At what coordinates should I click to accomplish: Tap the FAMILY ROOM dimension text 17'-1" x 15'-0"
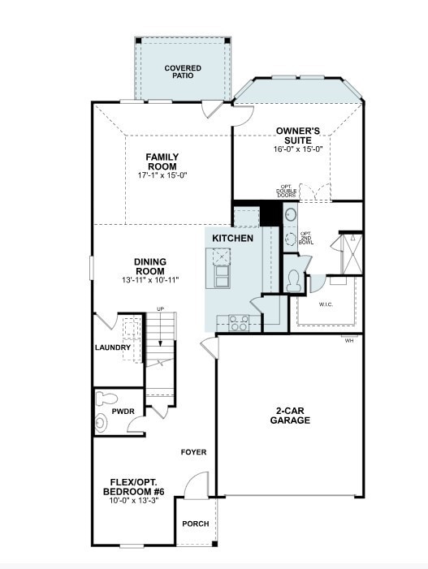pyautogui.click(x=162, y=175)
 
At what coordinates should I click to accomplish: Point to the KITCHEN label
pyautogui.click(x=232, y=239)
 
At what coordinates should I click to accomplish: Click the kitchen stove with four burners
pyautogui.click(x=238, y=322)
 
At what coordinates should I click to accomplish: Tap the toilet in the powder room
pyautogui.click(x=105, y=399)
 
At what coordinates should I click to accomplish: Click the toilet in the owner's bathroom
pyautogui.click(x=296, y=281)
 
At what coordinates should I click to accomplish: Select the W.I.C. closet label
pyautogui.click(x=326, y=305)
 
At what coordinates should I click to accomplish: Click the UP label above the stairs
pyautogui.click(x=160, y=309)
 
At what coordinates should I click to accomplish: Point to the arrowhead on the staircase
pyautogui.click(x=161, y=344)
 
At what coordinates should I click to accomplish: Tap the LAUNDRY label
pyautogui.click(x=112, y=347)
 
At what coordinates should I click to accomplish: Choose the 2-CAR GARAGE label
pyautogui.click(x=289, y=416)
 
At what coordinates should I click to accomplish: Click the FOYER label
pyautogui.click(x=193, y=452)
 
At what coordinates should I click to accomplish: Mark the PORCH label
pyautogui.click(x=195, y=524)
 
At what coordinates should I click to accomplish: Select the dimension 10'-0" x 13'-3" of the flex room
pyautogui.click(x=133, y=502)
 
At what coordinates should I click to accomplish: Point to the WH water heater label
pyautogui.click(x=350, y=340)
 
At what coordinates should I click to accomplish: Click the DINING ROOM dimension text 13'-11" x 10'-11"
pyautogui.click(x=150, y=280)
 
